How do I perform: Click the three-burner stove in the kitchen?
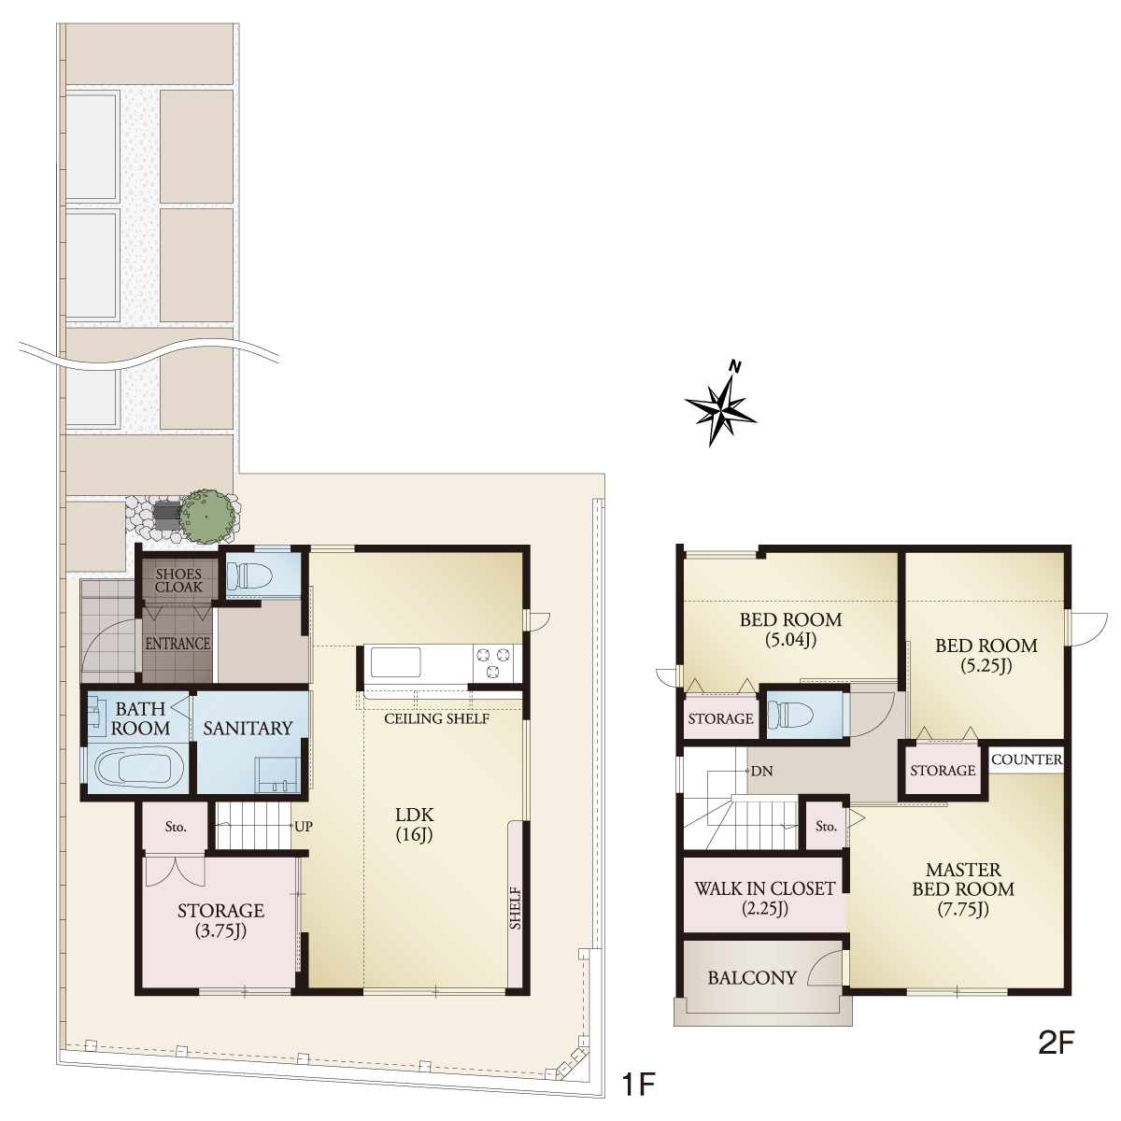tap(493, 663)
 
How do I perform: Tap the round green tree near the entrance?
tap(209, 516)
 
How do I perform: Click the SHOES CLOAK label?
tap(178, 580)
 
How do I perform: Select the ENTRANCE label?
tap(178, 643)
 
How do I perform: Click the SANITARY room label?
tap(248, 728)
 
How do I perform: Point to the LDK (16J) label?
tap(414, 825)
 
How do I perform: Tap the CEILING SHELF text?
tap(437, 718)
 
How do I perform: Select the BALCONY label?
tap(752, 978)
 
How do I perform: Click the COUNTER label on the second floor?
tap(1027, 759)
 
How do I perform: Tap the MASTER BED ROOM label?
tap(963, 889)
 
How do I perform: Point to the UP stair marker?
tap(304, 827)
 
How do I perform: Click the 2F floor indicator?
tap(1056, 1059)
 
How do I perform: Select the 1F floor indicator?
tap(639, 1085)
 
